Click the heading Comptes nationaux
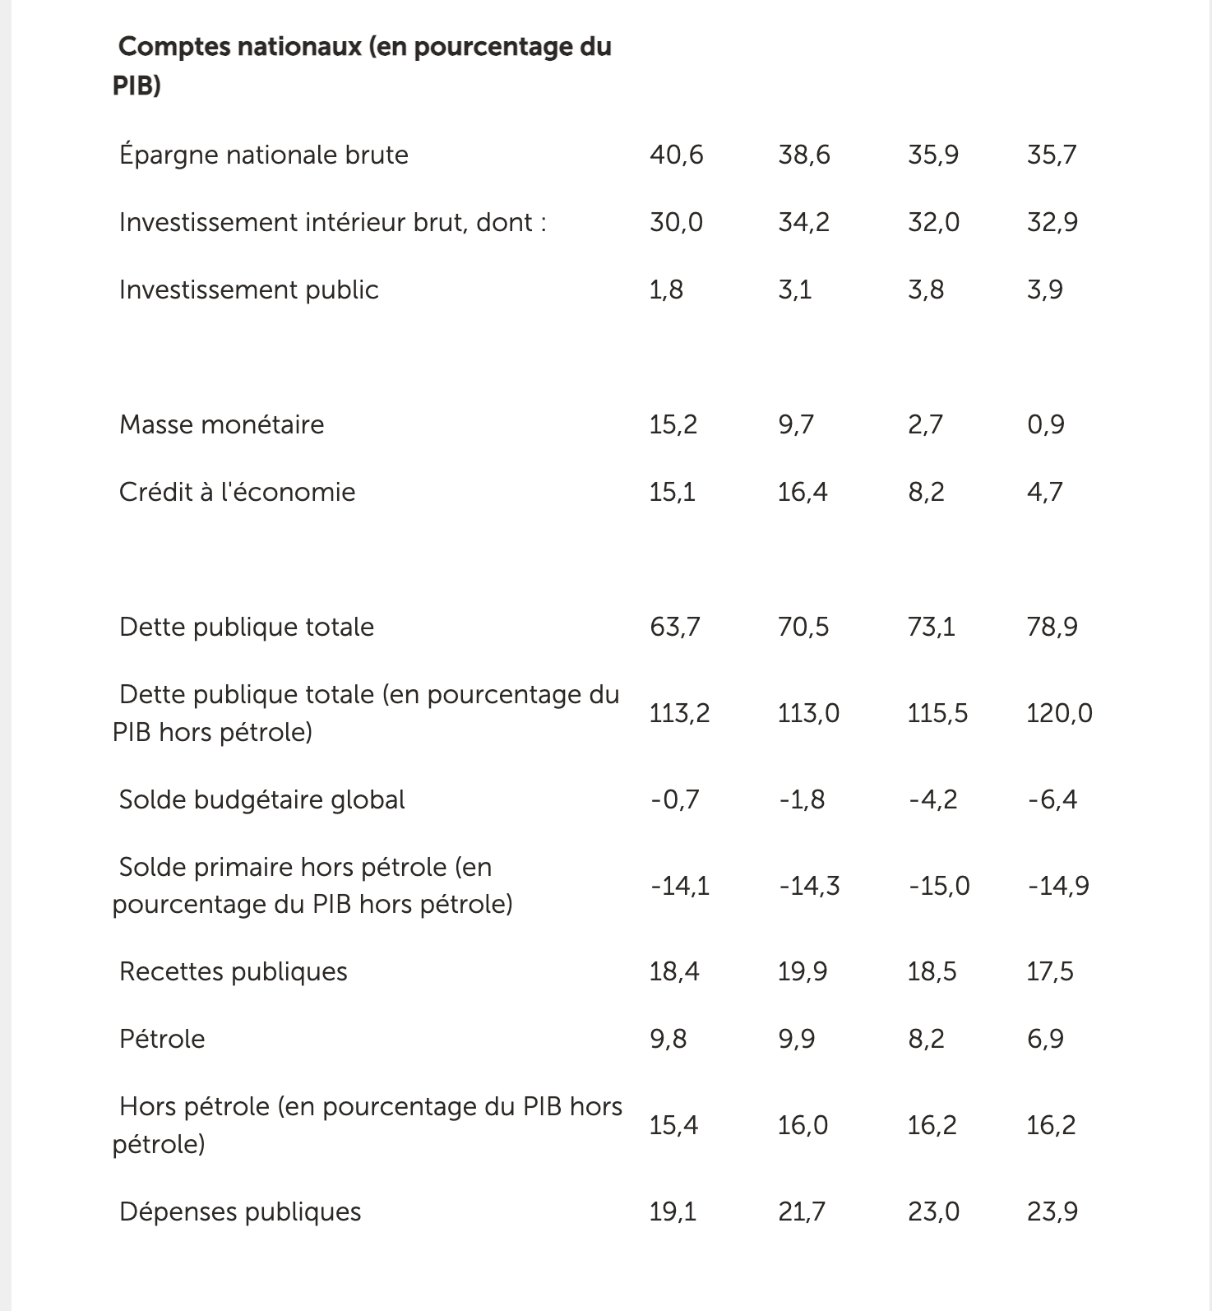pos(362,65)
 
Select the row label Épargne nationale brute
pos(263,155)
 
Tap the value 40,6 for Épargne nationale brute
pos(676,155)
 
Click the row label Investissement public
pos(248,290)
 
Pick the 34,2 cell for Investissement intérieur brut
pos(803,222)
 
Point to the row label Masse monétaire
pos(221,424)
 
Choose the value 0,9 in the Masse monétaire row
pos(1045,424)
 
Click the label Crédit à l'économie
pos(237,492)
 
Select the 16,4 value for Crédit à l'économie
pos(803,492)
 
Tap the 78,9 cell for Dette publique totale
pos(1052,627)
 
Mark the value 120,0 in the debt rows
pos(1059,712)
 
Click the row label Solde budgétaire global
pos(261,799)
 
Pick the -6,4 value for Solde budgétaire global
pos(1052,799)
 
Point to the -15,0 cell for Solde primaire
pos(938,886)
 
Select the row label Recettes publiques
pos(233,971)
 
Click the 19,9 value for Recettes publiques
pos(803,971)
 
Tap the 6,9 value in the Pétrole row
pos(1045,1039)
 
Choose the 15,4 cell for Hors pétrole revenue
pos(673,1124)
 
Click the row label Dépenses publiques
pos(239,1211)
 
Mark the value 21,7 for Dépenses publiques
pos(802,1211)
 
